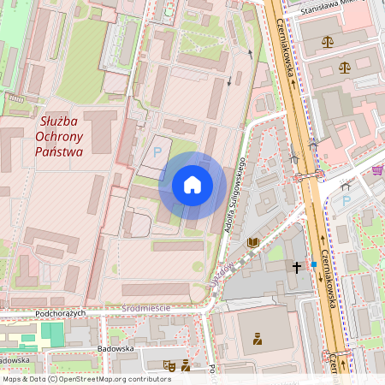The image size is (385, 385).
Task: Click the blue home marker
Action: (192, 185)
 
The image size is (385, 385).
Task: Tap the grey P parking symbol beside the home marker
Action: (157, 151)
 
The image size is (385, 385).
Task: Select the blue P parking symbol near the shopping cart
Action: (346, 200)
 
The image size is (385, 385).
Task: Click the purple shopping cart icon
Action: (377, 170)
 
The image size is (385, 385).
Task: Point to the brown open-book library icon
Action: (252, 243)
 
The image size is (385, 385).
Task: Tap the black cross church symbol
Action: (297, 267)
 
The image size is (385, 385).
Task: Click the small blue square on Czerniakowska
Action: (314, 264)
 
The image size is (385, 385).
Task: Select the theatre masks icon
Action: (170, 365)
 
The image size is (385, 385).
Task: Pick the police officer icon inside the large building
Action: (257, 339)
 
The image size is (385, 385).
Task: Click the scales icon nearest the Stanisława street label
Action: (328, 41)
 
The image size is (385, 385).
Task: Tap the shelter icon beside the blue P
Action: (346, 184)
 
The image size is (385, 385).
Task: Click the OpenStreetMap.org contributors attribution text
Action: (115, 378)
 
